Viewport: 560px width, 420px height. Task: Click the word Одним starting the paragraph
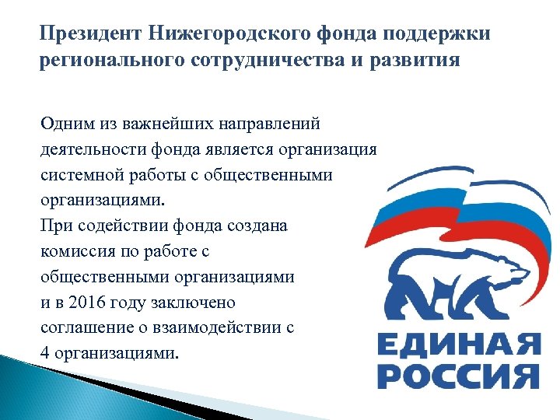point(65,123)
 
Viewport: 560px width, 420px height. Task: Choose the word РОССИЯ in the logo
point(457,376)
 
